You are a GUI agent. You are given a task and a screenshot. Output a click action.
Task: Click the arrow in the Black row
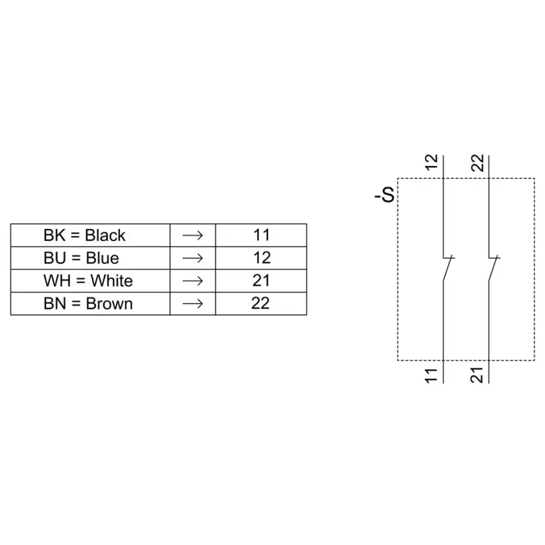192,236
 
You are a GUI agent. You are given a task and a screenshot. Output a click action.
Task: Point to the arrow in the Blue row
192,258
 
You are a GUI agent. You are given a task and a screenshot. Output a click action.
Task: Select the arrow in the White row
192,281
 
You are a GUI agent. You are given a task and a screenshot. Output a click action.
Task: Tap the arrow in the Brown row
192,304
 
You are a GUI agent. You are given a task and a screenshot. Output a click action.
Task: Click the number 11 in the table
262,235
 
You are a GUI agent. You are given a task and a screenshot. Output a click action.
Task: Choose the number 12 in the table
262,258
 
